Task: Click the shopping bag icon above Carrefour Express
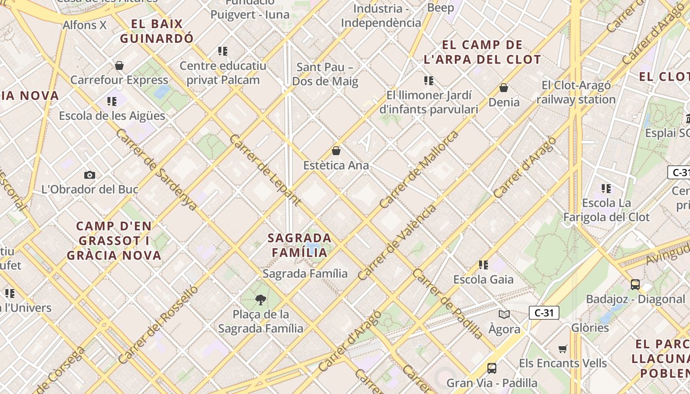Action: coord(119,66)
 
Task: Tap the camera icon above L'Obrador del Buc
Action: coord(89,175)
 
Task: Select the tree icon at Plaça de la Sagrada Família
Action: coord(261,299)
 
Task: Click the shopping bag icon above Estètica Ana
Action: coord(336,151)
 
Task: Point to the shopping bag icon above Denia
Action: coord(504,88)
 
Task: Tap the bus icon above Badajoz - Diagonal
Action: coord(635,284)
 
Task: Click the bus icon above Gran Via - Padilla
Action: coord(492,368)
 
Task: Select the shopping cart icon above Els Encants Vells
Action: coord(563,349)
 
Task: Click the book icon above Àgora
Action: coord(504,314)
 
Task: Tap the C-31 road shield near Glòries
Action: coord(544,313)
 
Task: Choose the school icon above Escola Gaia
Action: coord(483,265)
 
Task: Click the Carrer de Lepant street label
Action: coord(265,169)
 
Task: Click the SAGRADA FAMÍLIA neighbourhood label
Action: coord(297,245)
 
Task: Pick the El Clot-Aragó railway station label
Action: coord(576,92)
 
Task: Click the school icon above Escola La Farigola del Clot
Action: coord(606,188)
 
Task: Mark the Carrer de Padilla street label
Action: coord(448,304)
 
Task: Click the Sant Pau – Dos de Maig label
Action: coord(325,74)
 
